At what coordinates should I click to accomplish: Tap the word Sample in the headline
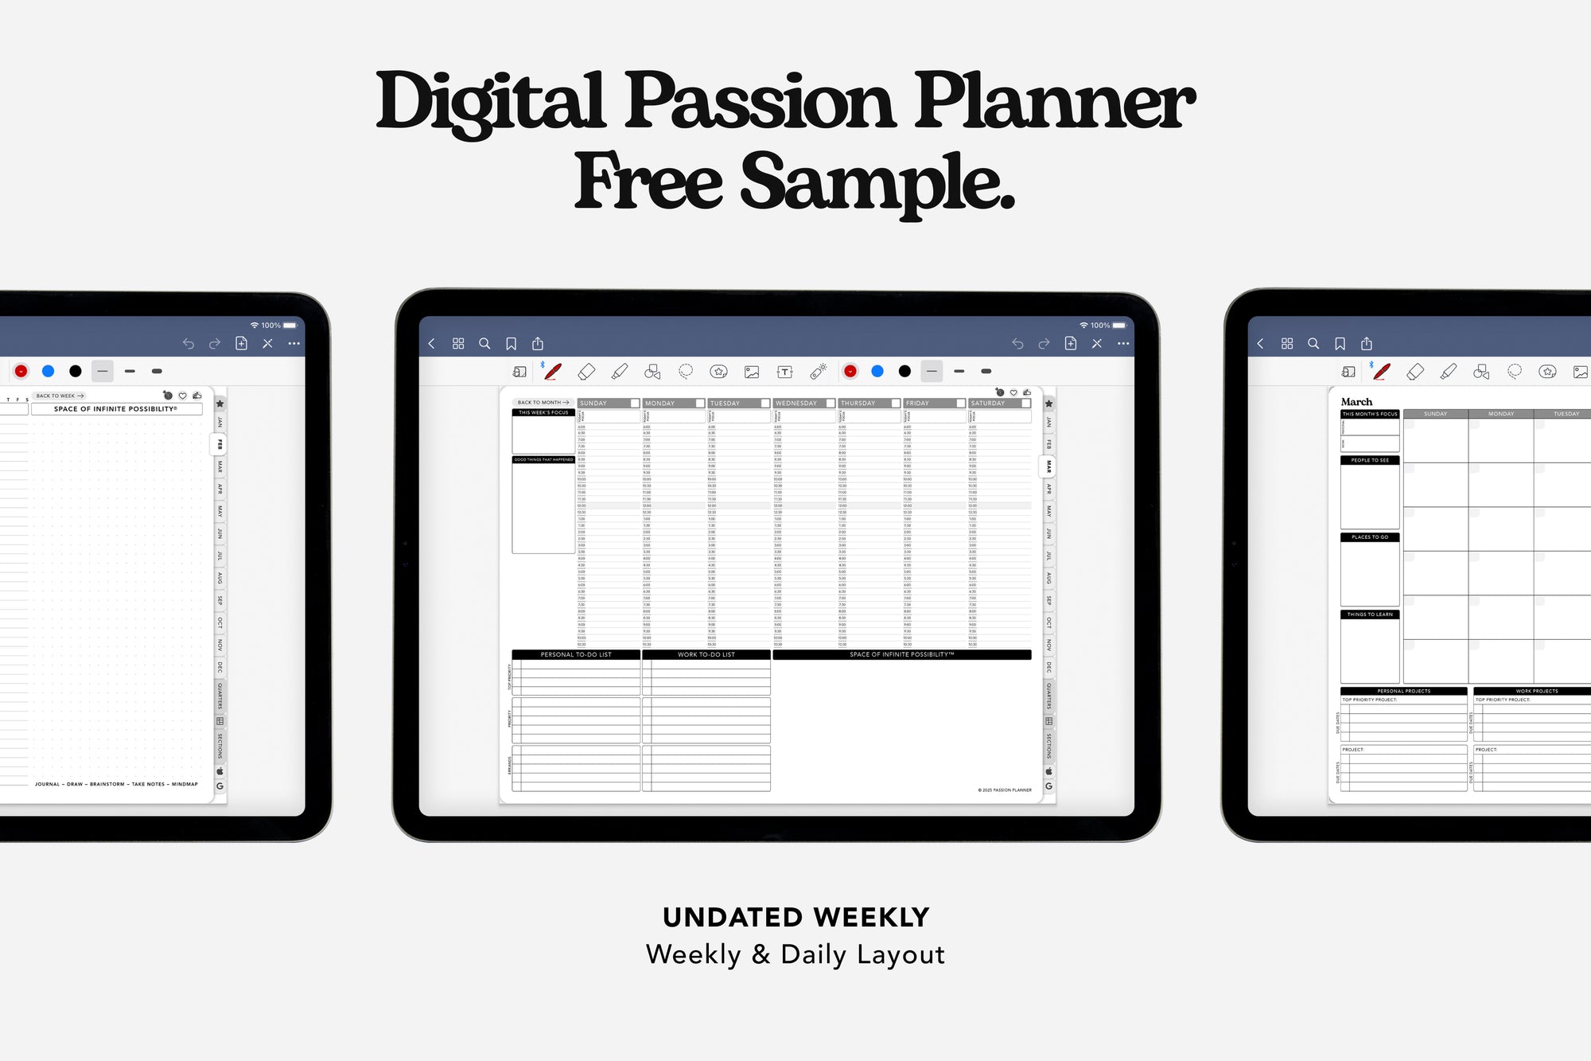pos(878,183)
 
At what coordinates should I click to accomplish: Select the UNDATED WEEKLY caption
pos(795,917)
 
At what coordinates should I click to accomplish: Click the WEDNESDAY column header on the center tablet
pos(796,404)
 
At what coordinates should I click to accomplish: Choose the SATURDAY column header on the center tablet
pos(988,404)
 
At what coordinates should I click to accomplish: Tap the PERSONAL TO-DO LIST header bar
pos(576,654)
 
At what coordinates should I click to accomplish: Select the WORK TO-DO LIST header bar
pos(706,654)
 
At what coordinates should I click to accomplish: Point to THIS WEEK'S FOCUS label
pos(543,412)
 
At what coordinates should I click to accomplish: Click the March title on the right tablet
pos(1356,402)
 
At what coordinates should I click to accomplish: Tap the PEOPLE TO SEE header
pos(1370,460)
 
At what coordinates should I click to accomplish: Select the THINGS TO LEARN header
pos(1370,614)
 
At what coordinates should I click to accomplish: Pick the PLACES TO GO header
pos(1370,537)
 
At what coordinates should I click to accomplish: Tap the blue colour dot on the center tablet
pos(877,371)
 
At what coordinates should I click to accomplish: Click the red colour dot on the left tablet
pos(21,371)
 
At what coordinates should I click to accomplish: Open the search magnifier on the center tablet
pos(484,344)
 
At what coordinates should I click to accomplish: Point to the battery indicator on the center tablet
pos(1119,326)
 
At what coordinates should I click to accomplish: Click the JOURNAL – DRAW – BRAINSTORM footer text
pos(116,784)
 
